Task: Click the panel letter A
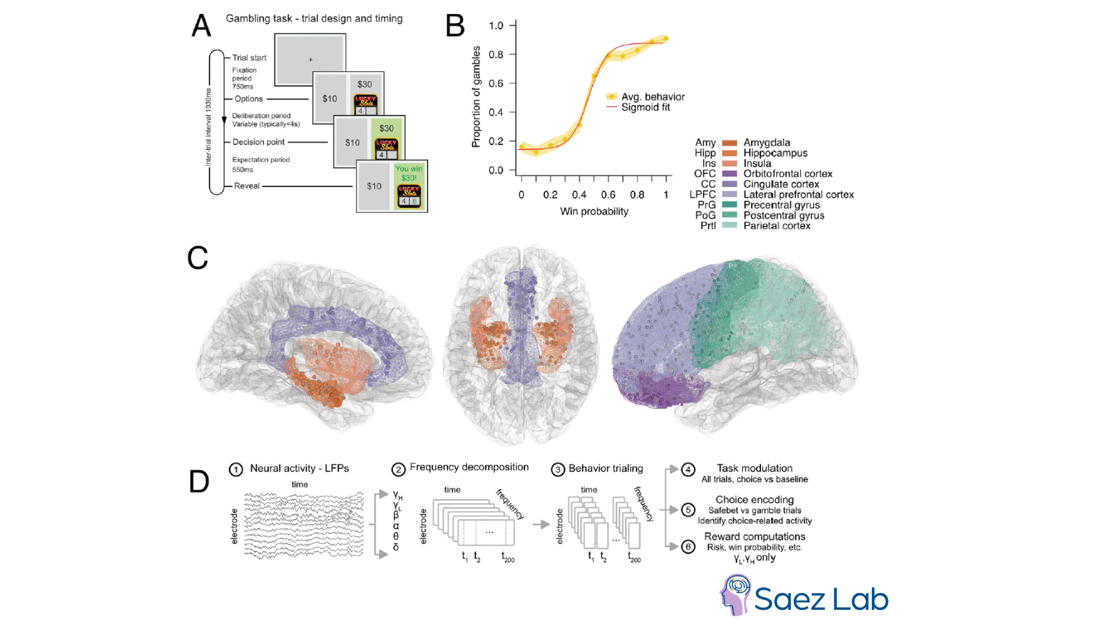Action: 201,26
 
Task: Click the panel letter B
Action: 454,26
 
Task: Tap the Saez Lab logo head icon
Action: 734,594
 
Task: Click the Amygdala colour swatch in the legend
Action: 729,143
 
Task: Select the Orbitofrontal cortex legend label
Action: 787,174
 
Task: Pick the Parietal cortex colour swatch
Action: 729,225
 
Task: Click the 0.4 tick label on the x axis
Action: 579,195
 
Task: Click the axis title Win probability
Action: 594,211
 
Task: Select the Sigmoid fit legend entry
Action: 645,107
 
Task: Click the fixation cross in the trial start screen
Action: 311,60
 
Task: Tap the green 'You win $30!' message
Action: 408,173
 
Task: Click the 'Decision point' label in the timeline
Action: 258,142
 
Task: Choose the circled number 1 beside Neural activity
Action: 236,470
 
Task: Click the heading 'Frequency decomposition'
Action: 469,468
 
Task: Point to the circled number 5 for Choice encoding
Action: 688,510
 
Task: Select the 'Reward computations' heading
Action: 755,537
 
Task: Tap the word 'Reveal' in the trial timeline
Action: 246,186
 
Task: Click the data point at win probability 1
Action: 666,38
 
